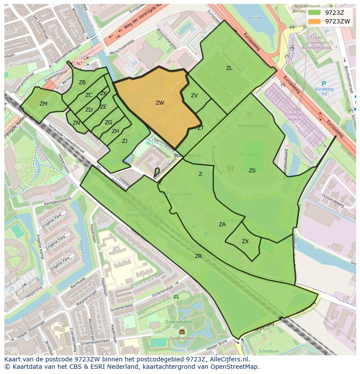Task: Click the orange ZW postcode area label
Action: point(160,103)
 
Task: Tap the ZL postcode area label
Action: point(229,68)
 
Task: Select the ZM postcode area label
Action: point(43,104)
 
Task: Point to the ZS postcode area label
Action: point(252,171)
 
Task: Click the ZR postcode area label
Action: point(198,256)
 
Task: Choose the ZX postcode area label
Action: point(245,242)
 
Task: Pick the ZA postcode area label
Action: point(222,225)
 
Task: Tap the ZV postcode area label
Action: point(194,96)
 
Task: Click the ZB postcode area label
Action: point(82,83)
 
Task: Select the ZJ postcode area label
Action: point(124,141)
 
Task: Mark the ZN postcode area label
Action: point(76,123)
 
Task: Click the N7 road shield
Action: point(79,63)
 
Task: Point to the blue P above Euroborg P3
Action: point(324,83)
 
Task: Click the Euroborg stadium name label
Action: point(249,154)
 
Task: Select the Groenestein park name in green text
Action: point(179,322)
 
